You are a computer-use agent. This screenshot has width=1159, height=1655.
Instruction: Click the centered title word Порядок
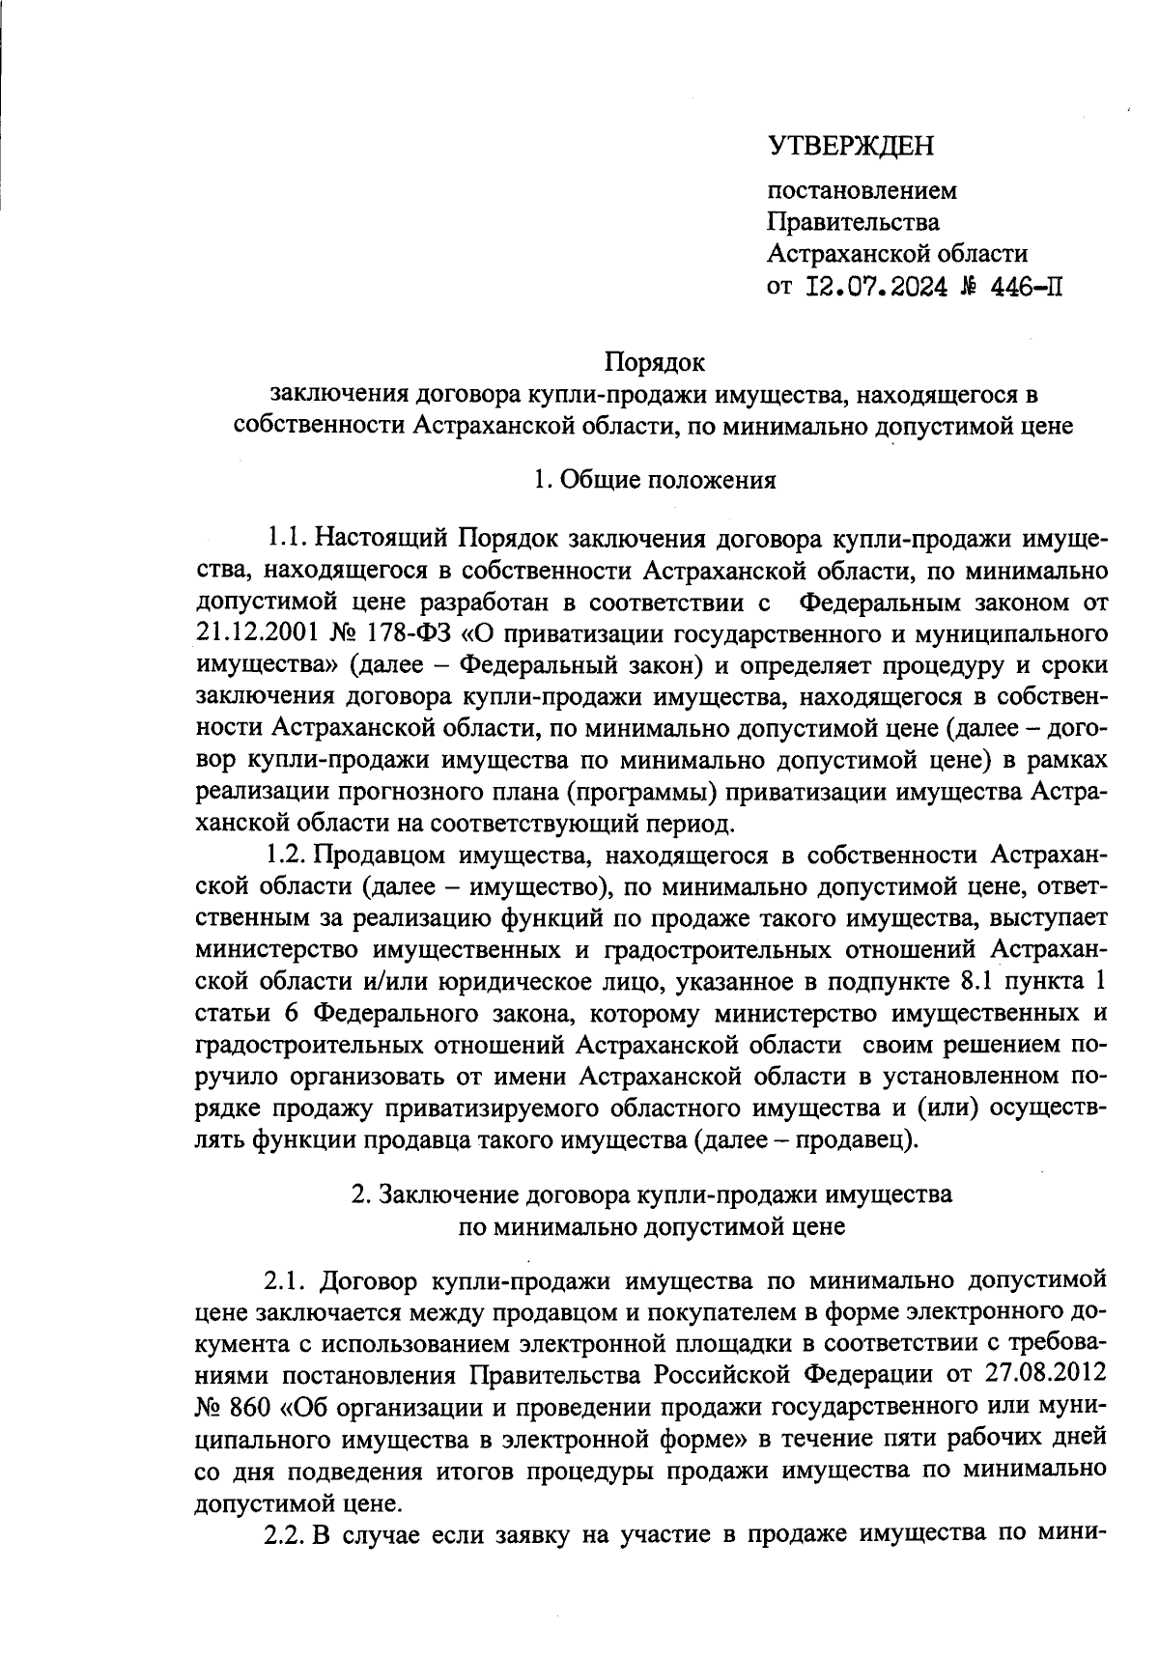[655, 363]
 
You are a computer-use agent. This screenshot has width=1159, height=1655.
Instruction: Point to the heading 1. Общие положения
[655, 480]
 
